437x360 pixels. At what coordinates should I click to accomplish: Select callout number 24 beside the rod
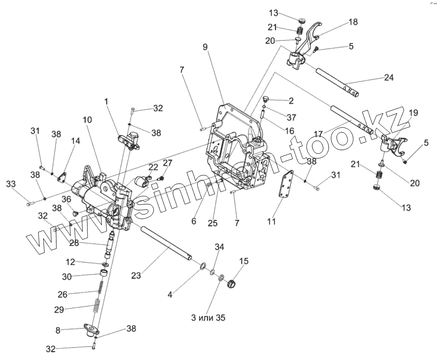(389, 77)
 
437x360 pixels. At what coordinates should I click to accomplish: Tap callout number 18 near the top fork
(353, 22)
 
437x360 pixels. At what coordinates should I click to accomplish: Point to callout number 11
(271, 221)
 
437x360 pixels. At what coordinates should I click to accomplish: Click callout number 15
(244, 262)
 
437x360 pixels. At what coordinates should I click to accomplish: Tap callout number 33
(10, 184)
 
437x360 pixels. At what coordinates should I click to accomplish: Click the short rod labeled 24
(338, 81)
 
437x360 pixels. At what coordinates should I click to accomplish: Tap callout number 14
(75, 141)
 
